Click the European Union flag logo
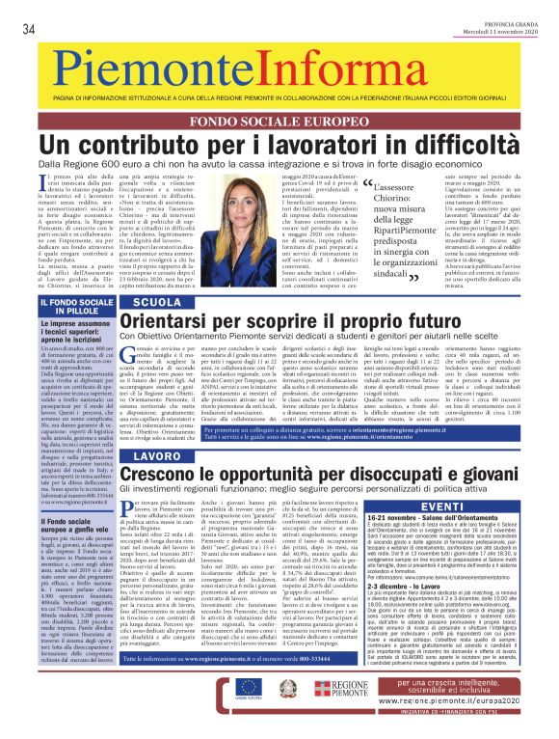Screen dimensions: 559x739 point(275,714)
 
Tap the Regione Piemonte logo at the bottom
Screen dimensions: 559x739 point(366,715)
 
